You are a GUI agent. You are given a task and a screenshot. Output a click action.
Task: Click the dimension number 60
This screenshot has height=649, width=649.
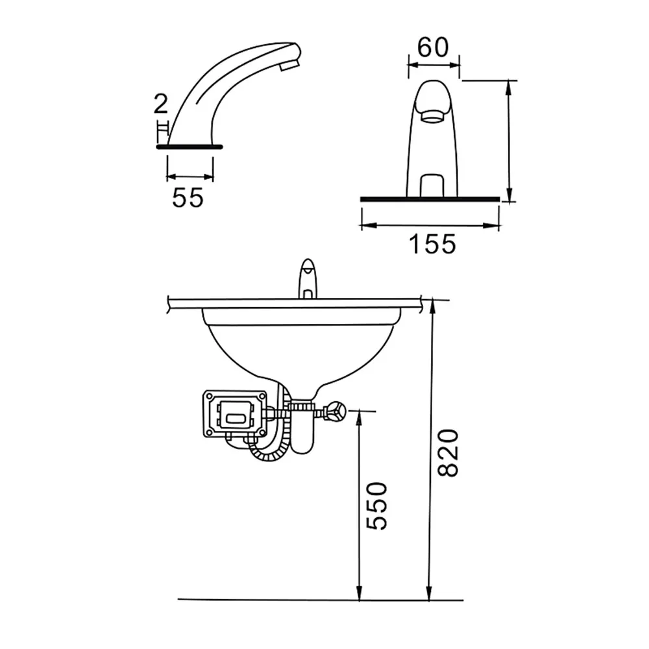click(432, 47)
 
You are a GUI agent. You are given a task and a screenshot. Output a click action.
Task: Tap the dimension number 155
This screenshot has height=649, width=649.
click(432, 244)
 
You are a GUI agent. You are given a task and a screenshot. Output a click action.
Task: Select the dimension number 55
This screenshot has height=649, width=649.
click(188, 197)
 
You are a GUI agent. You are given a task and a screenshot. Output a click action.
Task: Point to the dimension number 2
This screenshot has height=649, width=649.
click(160, 104)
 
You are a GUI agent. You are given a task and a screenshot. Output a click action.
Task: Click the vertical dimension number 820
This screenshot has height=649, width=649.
click(448, 453)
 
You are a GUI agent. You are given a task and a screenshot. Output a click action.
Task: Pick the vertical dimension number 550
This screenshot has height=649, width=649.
click(377, 506)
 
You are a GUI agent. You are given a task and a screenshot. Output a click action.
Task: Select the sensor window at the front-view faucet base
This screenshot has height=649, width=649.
click(432, 186)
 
